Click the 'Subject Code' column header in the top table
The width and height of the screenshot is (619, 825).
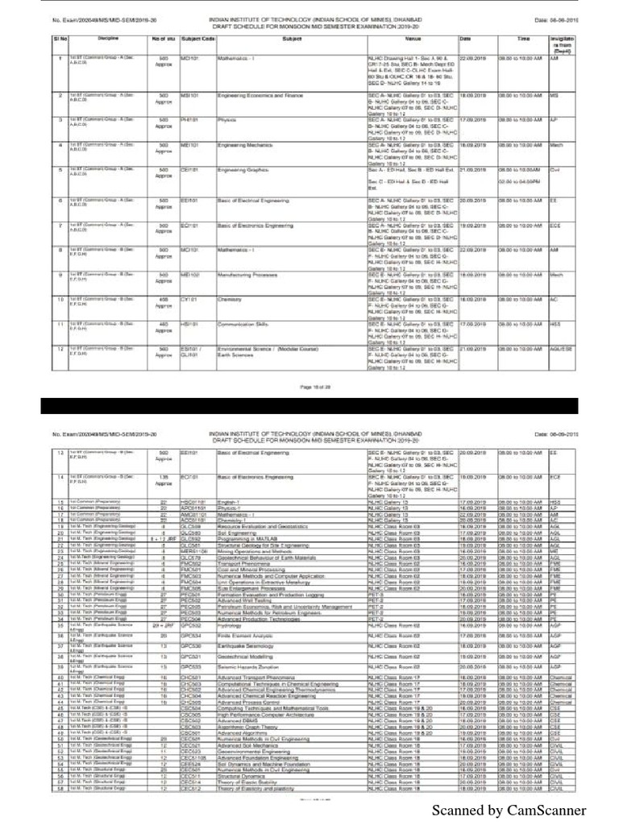pos(197,38)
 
